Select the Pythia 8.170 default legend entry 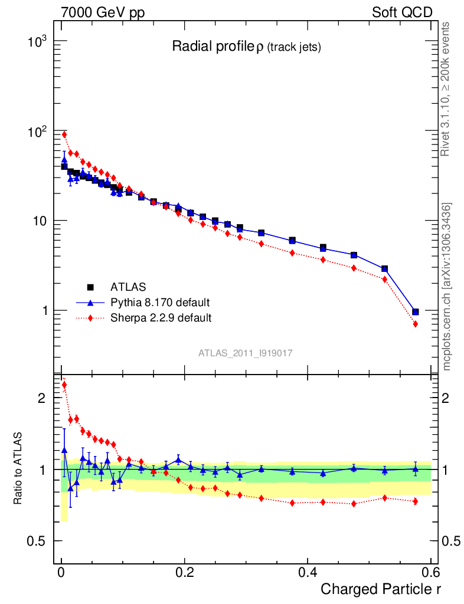click(x=160, y=303)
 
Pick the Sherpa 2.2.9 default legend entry click(x=161, y=318)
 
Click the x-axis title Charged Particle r click(x=381, y=589)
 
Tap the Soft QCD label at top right click(x=401, y=12)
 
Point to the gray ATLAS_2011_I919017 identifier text click(x=246, y=353)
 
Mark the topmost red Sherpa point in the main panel click(x=64, y=134)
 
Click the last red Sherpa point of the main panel click(x=416, y=324)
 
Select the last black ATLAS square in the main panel click(x=416, y=311)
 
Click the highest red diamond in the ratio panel click(x=64, y=385)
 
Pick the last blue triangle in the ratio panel click(x=416, y=470)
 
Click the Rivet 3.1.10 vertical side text click(x=446, y=88)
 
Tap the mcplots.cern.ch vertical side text click(x=447, y=286)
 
